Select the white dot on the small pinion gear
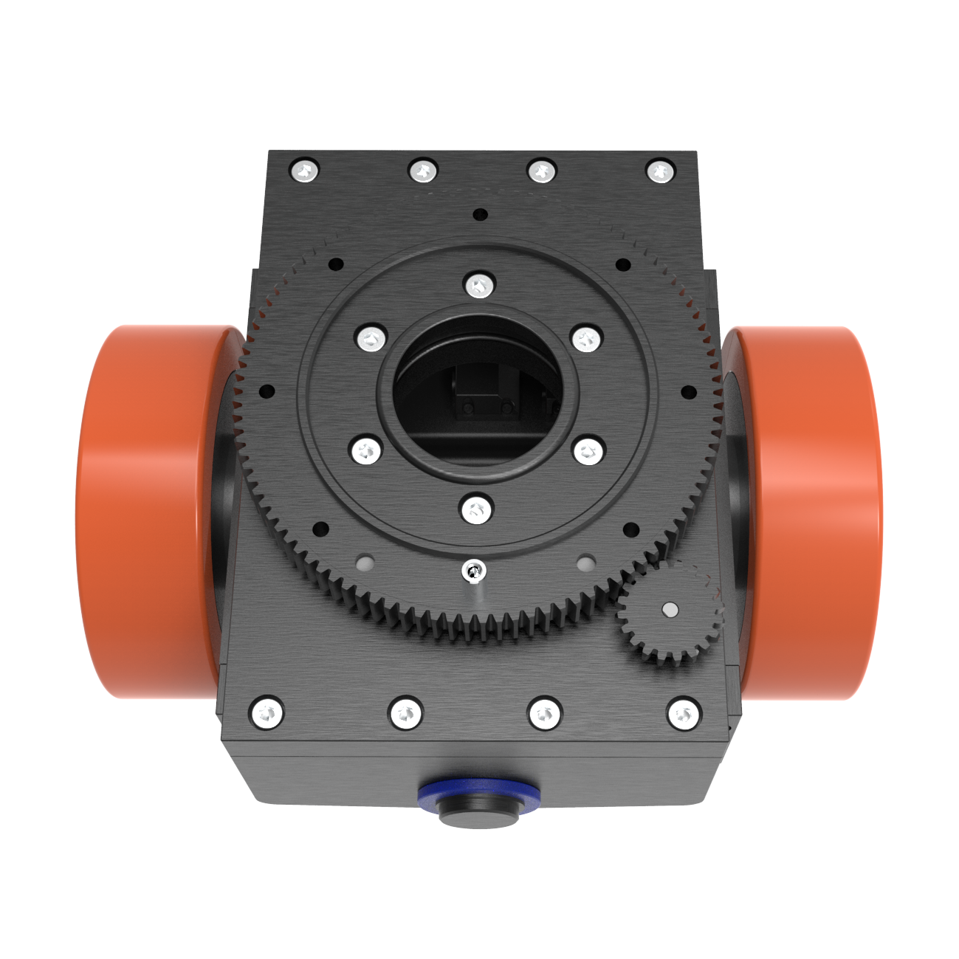(x=670, y=609)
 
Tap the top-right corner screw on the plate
(x=661, y=171)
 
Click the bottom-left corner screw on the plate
(x=267, y=713)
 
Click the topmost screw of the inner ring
(x=478, y=284)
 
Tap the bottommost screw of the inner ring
(x=476, y=509)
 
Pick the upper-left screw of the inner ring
(x=371, y=339)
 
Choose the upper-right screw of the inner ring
(x=588, y=339)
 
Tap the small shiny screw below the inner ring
(x=473, y=570)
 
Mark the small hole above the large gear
(x=481, y=215)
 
